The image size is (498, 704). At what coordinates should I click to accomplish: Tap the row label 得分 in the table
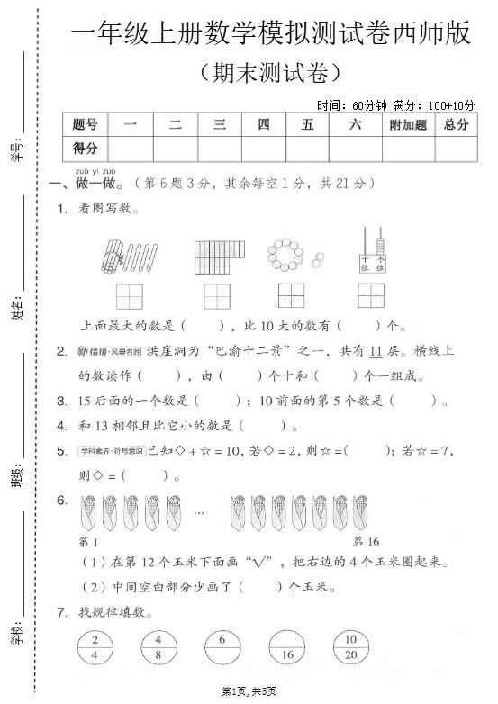point(85,148)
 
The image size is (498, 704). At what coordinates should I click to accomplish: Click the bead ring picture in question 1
point(290,256)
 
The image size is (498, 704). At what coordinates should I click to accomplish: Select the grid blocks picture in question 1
point(218,256)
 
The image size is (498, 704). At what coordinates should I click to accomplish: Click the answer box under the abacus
point(371,295)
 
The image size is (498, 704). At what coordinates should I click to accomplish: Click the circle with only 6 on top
point(222,648)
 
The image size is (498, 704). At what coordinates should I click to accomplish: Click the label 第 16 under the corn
point(367,541)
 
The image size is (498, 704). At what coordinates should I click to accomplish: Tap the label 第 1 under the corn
point(89,541)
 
